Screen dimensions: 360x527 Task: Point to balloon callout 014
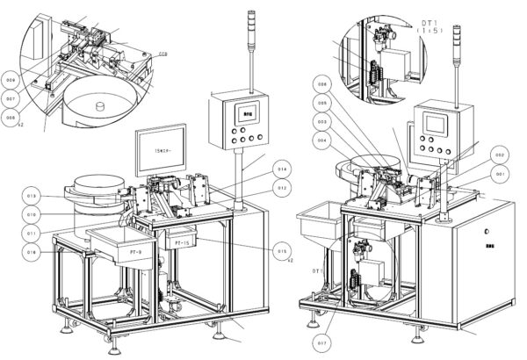pos(282,169)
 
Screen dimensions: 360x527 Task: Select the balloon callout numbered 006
pos(322,85)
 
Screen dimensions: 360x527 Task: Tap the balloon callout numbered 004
pos(322,140)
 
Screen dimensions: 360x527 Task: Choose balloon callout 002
pos(499,155)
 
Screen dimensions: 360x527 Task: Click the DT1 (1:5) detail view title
pos(431,25)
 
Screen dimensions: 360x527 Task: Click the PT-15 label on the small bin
pos(184,241)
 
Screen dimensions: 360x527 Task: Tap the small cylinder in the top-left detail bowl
pos(102,107)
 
